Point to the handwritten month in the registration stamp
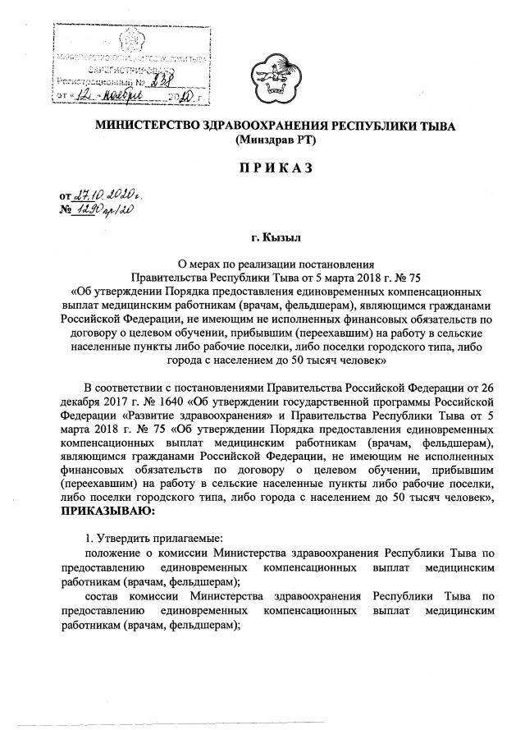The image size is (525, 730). tap(116, 97)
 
